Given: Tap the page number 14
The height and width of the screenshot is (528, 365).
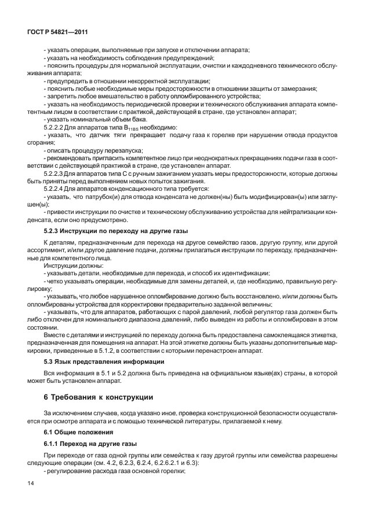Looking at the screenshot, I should click(x=30, y=482).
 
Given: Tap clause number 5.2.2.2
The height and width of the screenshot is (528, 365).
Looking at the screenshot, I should click(x=56, y=126).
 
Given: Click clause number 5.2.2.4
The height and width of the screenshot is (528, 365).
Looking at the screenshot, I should click(x=56, y=189).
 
